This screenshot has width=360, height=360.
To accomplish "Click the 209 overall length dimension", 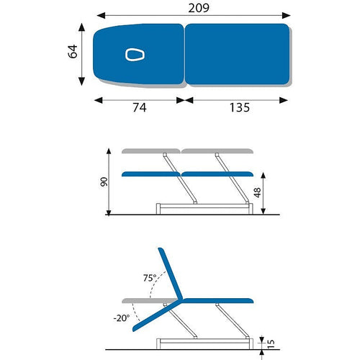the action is tap(199, 8).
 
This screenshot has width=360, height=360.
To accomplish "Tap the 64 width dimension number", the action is tap(73, 51).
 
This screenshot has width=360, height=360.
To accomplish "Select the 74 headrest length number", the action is tap(140, 107).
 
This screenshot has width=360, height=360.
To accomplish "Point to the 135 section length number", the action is tap(240, 107).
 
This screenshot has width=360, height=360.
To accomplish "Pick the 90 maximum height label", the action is tap(104, 182).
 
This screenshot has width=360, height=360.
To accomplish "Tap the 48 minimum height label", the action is tap(257, 193).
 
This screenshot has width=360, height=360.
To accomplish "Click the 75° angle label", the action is tap(150, 278).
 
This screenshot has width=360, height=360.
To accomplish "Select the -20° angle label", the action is tap(122, 318).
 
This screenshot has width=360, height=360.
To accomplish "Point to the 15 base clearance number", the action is tap(271, 344).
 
